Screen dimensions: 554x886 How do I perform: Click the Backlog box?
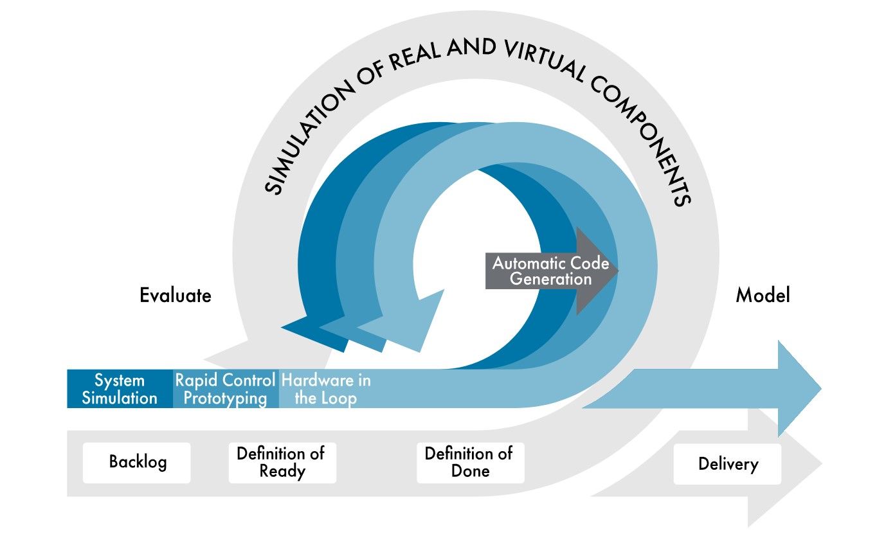pos(137,462)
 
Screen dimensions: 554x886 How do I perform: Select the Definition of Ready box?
pos(282,462)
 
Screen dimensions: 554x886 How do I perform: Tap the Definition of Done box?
pos(469,462)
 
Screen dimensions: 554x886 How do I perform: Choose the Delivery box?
pos(727,463)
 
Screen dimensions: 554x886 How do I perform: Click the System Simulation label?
pos(120,389)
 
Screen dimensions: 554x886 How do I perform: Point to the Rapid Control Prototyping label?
pos(226,389)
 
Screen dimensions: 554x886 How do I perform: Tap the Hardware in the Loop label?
pos(326,389)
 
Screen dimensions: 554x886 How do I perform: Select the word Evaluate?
pos(176,296)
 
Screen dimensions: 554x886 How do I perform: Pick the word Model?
pos(763,296)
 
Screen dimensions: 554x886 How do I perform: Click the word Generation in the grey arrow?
pos(550,279)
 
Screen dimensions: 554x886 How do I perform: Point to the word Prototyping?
pos(225,398)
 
